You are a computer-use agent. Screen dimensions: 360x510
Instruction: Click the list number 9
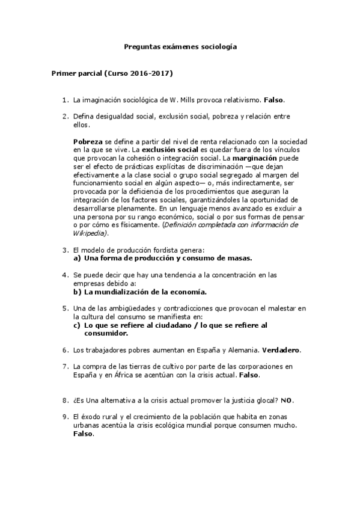coord(65,416)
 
